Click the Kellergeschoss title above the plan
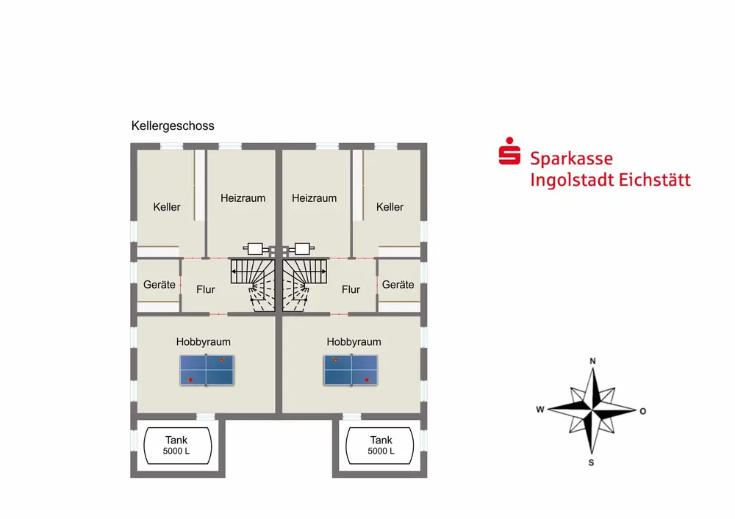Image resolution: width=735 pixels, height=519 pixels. [173, 126]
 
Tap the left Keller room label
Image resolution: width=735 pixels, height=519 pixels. [167, 207]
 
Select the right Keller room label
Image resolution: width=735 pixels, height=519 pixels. [390, 207]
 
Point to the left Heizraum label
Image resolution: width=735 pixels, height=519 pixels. [243, 198]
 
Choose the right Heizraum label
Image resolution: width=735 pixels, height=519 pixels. [314, 198]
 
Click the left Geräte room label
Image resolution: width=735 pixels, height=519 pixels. [159, 284]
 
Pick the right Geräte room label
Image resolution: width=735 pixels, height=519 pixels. [398, 284]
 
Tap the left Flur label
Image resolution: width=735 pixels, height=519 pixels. [206, 289]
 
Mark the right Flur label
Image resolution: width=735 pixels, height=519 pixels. [351, 289]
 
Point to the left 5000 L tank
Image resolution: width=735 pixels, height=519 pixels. [176, 446]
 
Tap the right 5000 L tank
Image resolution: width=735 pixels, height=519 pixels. [381, 446]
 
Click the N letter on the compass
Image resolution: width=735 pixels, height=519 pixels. [592, 361]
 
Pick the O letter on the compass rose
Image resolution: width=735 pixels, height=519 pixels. [642, 411]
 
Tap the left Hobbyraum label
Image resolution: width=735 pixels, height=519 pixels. [204, 341]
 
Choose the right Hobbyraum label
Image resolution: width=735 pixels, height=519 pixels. [354, 341]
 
